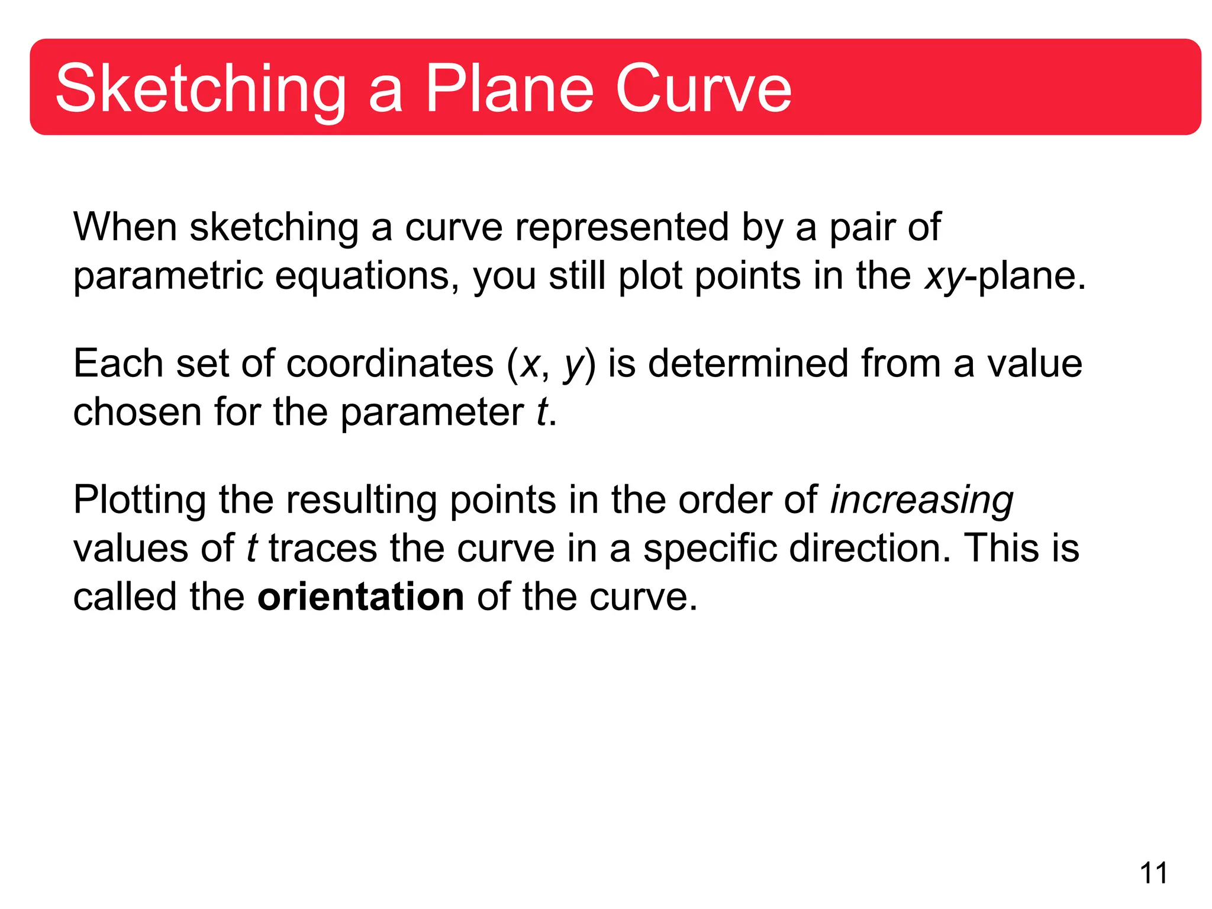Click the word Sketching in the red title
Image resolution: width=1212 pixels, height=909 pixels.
point(200,90)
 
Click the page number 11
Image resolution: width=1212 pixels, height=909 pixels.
point(1153,873)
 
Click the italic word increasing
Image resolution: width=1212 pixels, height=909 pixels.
point(921,501)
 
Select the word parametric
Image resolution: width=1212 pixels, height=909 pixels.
point(167,277)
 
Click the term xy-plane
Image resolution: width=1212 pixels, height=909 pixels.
point(1005,277)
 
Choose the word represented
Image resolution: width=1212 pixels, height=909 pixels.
point(621,227)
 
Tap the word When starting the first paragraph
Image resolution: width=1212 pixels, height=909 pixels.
point(125,227)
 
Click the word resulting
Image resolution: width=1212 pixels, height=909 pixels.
point(362,501)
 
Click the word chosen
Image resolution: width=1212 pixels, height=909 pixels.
point(137,412)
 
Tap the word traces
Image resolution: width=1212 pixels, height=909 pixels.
point(323,548)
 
